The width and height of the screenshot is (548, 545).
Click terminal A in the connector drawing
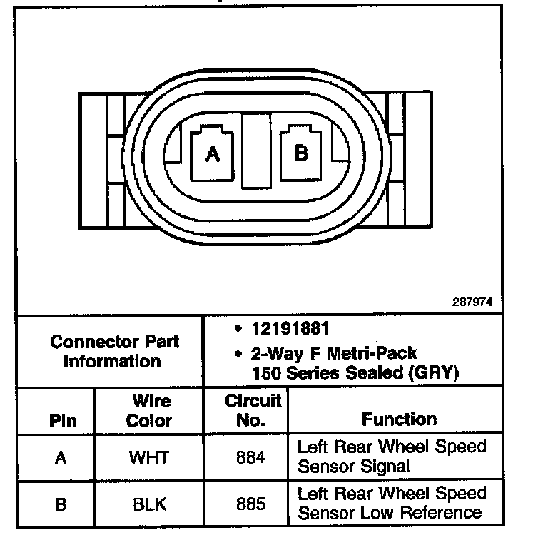point(211,153)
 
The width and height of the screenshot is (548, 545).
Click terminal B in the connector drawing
point(302,152)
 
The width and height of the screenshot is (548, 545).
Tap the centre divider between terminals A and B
point(255,151)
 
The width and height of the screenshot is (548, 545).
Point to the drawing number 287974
point(472,302)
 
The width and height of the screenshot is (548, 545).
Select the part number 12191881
point(289,330)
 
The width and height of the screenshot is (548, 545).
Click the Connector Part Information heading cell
point(114,351)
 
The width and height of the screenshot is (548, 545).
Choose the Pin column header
point(62,420)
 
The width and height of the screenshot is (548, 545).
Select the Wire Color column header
point(149,411)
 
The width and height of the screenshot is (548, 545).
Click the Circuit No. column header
point(253,410)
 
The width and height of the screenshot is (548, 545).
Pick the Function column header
point(399,419)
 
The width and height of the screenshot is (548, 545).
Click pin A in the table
point(61,457)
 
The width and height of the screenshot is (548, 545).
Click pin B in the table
point(61,504)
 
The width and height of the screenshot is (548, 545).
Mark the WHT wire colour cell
point(148,457)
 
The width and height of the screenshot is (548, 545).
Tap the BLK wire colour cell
point(149,504)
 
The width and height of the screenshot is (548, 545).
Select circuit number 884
point(250,457)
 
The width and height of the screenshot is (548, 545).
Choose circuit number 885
point(250,504)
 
